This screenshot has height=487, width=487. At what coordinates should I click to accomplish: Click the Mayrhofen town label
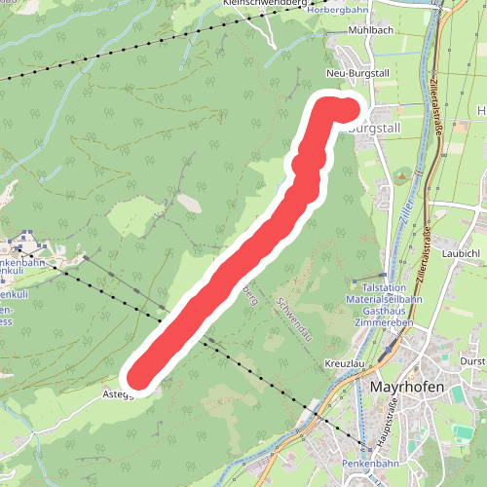[x=408, y=388]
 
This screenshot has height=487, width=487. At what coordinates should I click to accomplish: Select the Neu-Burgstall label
[x=357, y=74]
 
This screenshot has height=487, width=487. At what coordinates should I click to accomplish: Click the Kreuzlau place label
[x=342, y=362]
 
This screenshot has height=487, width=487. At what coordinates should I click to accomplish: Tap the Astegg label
[x=117, y=394]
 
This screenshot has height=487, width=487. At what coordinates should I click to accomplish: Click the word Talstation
[x=385, y=288]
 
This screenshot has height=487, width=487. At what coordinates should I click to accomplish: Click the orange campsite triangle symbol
[x=400, y=176]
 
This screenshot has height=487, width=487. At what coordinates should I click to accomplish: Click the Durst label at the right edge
[x=473, y=360]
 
